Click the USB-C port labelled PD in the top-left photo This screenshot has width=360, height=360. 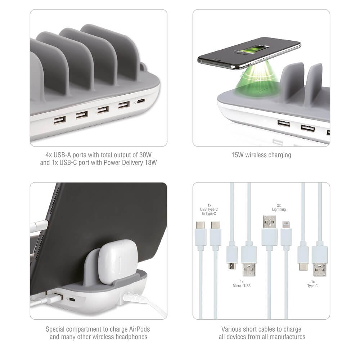[x=141, y=101]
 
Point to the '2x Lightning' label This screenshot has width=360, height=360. [x=279, y=207]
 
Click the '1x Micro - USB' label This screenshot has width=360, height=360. [x=242, y=284]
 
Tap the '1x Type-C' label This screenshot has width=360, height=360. [x=312, y=284]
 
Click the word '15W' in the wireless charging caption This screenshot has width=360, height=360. [x=237, y=155]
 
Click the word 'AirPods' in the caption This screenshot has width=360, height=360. [x=139, y=329]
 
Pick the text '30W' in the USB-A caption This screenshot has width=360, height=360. [x=145, y=155]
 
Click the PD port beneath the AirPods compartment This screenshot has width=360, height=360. [x=72, y=300]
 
